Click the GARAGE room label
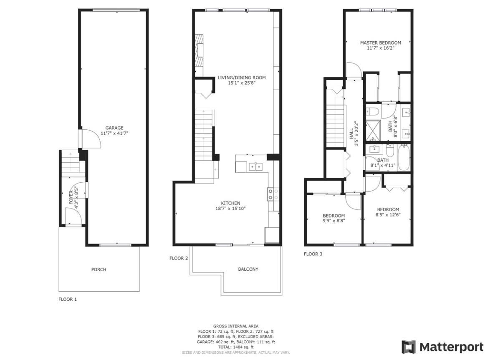[x=114, y=128]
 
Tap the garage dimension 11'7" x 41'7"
[x=114, y=133]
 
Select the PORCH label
[x=99, y=269]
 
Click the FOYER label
[x=71, y=197]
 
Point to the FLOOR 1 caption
[x=67, y=299]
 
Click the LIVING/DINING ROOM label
[x=241, y=78]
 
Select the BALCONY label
[x=248, y=269]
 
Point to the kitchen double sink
[x=255, y=167]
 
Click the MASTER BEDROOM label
[x=380, y=43]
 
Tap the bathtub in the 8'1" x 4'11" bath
[x=404, y=158]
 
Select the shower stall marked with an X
[x=373, y=129]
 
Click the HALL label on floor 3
[x=351, y=133]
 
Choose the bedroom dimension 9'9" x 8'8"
[x=333, y=221]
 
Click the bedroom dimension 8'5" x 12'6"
[x=388, y=216]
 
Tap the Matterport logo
[x=442, y=347]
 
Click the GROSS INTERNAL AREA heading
[x=236, y=326]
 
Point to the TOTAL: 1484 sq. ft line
[x=236, y=347]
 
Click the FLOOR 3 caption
[x=313, y=254]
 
